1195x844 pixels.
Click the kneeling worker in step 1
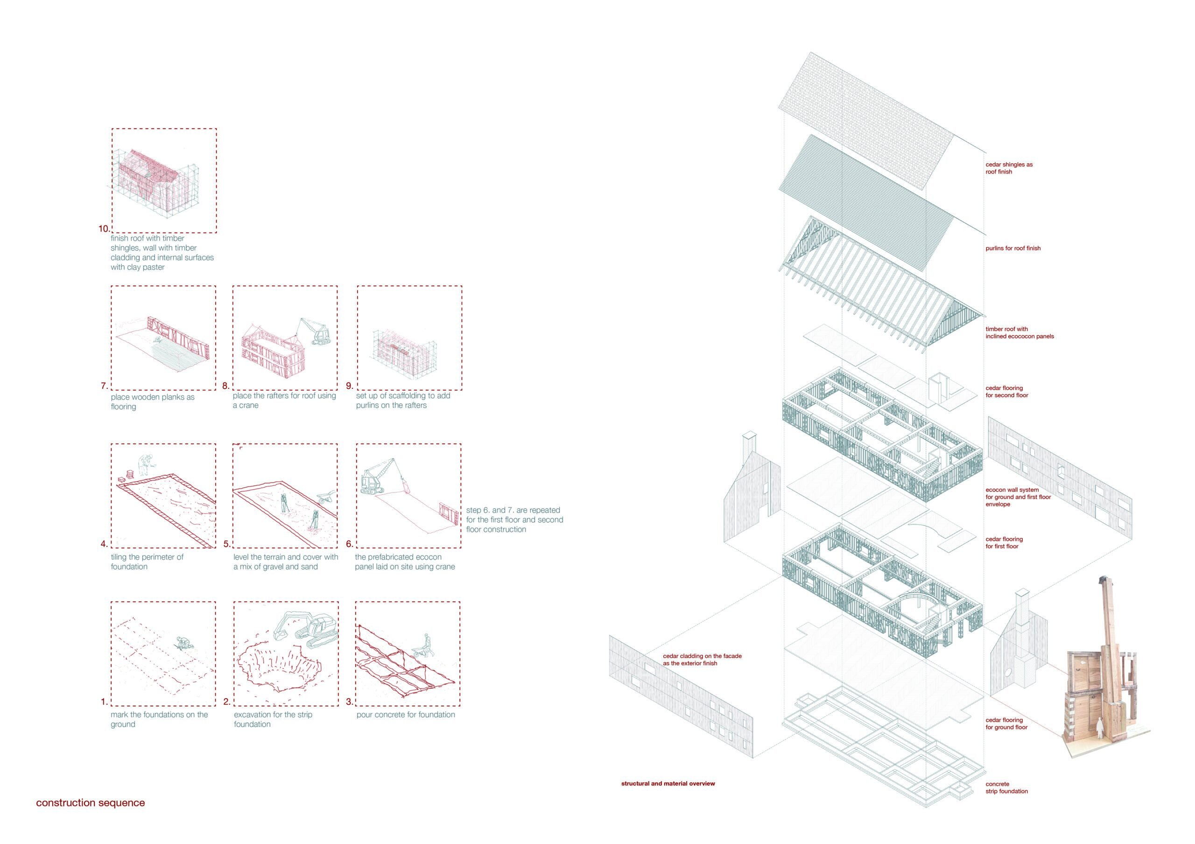(x=183, y=644)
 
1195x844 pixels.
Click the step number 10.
(x=104, y=229)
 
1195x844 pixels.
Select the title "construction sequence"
(x=91, y=802)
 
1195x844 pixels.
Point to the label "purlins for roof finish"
(x=1013, y=249)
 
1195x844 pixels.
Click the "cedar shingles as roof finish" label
(x=1009, y=168)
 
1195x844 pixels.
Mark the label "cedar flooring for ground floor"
(x=1006, y=724)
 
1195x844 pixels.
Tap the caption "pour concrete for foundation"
(x=406, y=714)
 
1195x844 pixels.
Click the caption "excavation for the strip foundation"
(x=273, y=719)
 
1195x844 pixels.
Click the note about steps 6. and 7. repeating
(x=514, y=519)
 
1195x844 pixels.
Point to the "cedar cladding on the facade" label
(x=702, y=659)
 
